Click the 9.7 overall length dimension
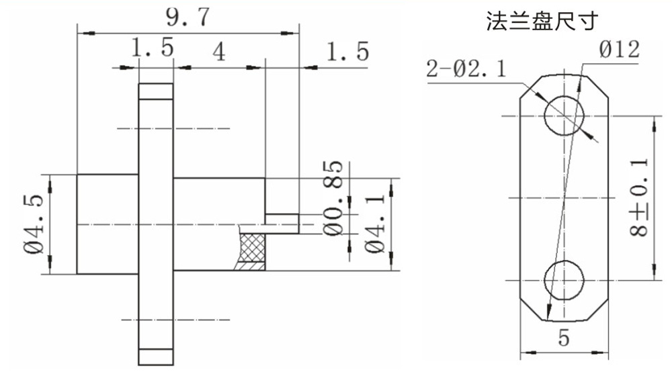click(x=187, y=17)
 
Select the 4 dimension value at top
click(x=219, y=52)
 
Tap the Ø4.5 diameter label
click(x=34, y=224)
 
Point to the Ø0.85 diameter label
click(x=333, y=198)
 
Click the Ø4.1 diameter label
click(x=375, y=224)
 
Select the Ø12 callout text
click(x=620, y=50)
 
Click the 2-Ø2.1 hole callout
click(x=466, y=68)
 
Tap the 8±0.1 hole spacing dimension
click(x=639, y=197)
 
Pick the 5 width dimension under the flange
click(x=564, y=338)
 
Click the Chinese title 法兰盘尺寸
click(x=542, y=21)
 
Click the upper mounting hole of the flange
click(x=564, y=115)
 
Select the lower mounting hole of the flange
click(x=564, y=280)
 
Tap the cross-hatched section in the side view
click(x=253, y=248)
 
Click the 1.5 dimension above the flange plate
click(x=153, y=47)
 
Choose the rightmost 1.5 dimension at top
click(x=347, y=52)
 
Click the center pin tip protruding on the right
click(x=282, y=224)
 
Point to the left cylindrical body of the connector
click(x=108, y=224)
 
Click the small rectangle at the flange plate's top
click(x=156, y=91)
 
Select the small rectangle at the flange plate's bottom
click(x=156, y=357)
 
